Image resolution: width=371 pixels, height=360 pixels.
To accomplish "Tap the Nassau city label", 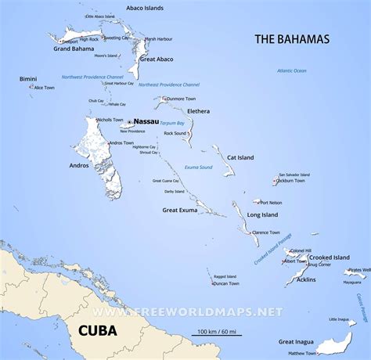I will (146, 122).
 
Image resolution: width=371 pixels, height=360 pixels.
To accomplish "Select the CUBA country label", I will (98, 330).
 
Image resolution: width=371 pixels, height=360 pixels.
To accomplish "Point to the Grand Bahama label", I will (74, 49).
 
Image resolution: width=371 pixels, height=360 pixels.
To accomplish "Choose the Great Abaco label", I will (156, 59).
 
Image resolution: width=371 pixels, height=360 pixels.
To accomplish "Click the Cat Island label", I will (241, 158).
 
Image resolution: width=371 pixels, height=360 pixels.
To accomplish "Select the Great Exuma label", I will (180, 210).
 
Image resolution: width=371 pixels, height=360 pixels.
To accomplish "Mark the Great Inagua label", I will (298, 340).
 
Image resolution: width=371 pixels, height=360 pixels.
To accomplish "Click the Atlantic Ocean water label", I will (291, 71).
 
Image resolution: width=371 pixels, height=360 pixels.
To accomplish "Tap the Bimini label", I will (28, 79).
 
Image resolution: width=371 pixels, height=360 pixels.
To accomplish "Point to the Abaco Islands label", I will (143, 8).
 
